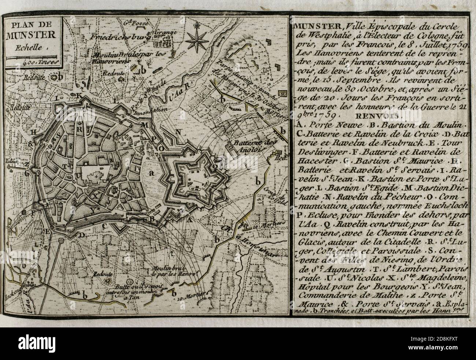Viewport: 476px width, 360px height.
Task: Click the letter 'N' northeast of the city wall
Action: pyautogui.click(x=179, y=131)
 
